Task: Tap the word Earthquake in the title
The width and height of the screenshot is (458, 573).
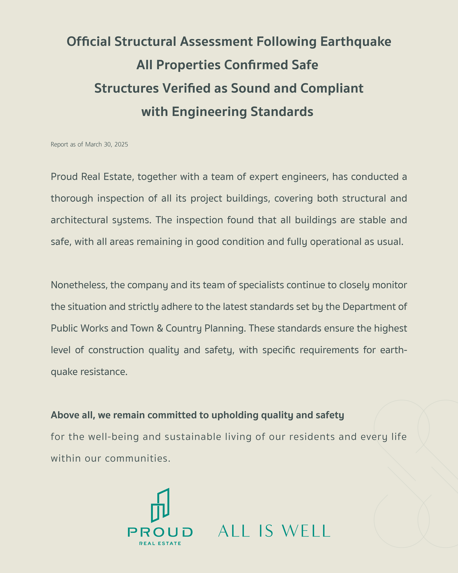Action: [x=356, y=42]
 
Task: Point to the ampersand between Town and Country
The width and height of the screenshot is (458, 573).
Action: [x=160, y=328]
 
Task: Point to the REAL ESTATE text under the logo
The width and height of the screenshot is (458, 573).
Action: [x=160, y=544]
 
